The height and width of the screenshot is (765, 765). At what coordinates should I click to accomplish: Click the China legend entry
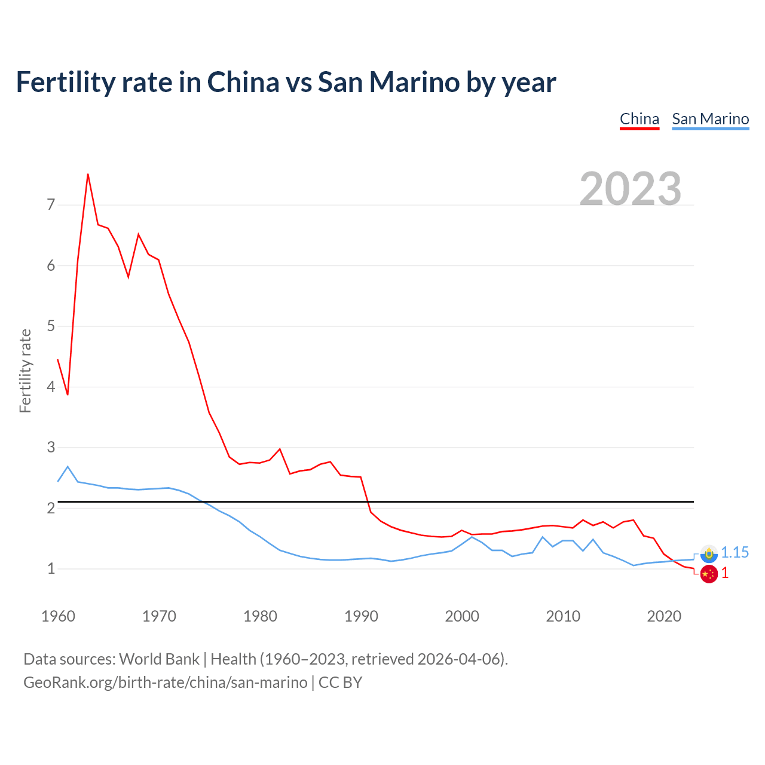coord(639,119)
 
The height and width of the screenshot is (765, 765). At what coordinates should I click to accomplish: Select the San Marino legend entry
coord(710,119)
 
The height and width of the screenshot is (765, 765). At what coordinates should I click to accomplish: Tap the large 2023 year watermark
coord(630,189)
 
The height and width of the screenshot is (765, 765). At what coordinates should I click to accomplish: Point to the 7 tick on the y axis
coord(51,205)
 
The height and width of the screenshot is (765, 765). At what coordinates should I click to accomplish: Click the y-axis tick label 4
coord(51,387)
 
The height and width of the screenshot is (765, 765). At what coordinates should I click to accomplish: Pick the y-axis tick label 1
coord(51,568)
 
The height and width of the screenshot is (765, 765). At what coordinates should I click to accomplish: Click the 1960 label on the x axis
coord(58,616)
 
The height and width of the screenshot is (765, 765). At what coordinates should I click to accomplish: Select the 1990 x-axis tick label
coord(361,616)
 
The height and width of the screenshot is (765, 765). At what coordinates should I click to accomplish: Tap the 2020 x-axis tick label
coord(664,616)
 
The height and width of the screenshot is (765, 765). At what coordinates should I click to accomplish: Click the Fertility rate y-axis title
coord(25,371)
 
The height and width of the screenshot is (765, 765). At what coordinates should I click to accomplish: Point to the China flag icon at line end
coord(709,574)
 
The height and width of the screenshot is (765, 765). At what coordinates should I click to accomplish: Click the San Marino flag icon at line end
coord(709,553)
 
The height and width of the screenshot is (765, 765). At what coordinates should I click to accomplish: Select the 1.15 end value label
coord(735,553)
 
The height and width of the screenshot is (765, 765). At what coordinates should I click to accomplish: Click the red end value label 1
coord(725,573)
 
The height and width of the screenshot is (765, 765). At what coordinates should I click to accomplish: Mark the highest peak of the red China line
coord(88,174)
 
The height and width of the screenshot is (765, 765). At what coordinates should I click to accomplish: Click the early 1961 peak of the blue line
coord(68,466)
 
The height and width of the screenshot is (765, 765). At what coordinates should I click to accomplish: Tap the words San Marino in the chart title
coord(388,82)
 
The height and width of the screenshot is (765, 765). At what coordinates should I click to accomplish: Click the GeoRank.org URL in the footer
coord(165,683)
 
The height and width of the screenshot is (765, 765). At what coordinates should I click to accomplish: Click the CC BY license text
coord(340,683)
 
